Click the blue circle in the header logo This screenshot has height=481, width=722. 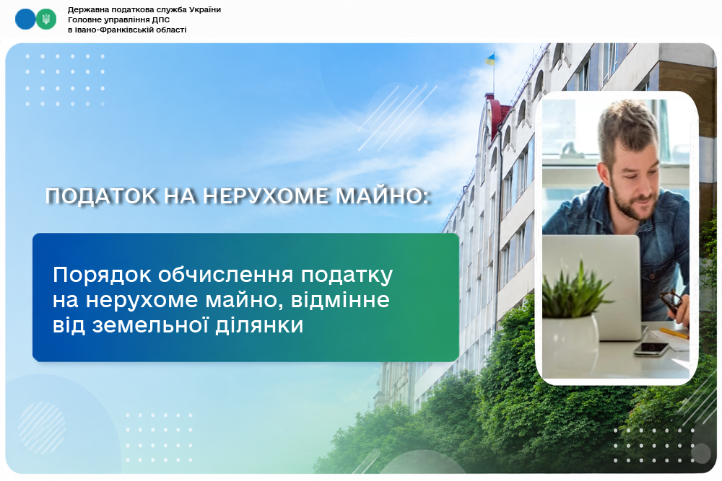tap(25, 19)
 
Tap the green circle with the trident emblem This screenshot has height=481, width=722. tap(46, 19)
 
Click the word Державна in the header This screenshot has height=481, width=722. tap(86, 9)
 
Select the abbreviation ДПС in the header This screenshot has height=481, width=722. tap(161, 19)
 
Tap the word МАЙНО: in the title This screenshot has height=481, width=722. tap(383, 196)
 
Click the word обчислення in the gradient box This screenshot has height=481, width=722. tap(225, 275)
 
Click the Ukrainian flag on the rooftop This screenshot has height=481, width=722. tap(490, 59)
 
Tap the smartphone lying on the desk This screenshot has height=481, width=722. tap(651, 348)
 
